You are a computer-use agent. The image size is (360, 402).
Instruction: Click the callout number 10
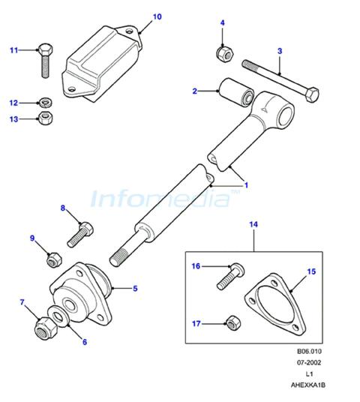click(157, 16)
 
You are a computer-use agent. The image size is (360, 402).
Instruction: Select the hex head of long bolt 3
click(311, 94)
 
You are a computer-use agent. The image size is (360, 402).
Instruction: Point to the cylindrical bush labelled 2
click(236, 91)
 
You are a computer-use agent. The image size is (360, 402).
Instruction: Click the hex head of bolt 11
click(46, 49)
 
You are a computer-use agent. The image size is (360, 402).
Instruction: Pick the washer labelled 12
click(46, 103)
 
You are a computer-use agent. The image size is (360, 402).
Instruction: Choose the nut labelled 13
click(46, 118)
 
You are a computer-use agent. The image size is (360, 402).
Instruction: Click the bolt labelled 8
click(80, 235)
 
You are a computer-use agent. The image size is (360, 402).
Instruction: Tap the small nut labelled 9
click(54, 259)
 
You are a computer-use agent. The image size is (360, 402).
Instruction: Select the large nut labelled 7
click(46, 328)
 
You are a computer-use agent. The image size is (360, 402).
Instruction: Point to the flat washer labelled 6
click(58, 316)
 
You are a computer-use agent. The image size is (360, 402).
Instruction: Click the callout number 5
click(135, 289)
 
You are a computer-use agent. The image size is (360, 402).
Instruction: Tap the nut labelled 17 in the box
click(233, 322)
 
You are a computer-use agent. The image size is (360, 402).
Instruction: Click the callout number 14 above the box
click(253, 224)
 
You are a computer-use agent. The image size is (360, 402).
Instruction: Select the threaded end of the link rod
click(119, 257)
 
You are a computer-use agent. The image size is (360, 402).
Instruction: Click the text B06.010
click(309, 351)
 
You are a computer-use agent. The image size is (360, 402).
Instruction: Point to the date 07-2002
click(309, 362)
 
